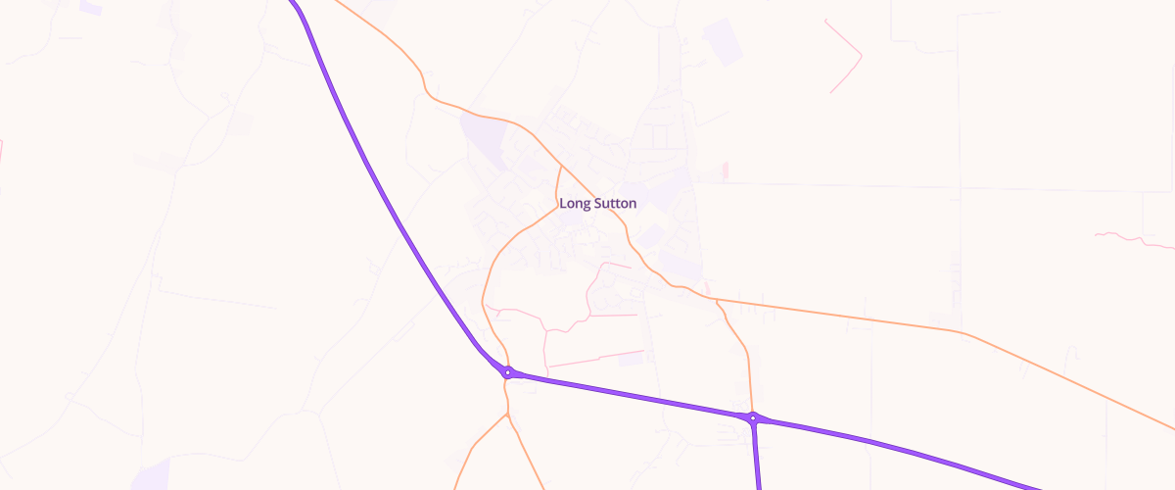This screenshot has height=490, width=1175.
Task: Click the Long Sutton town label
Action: (597, 204)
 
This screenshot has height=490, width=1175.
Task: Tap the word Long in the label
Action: (574, 204)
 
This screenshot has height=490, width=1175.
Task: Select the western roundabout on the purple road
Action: (508, 371)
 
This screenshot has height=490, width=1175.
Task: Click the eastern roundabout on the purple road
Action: (752, 418)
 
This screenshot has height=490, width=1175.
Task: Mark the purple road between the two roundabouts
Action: (627, 394)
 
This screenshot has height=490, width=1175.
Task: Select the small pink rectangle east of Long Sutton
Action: (726, 171)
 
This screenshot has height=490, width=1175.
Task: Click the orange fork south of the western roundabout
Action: (508, 414)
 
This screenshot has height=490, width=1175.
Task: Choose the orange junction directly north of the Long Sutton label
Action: (560, 167)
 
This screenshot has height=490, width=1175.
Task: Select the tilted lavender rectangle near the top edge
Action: (724, 42)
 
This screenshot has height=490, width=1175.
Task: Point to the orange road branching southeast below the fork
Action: (529, 456)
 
